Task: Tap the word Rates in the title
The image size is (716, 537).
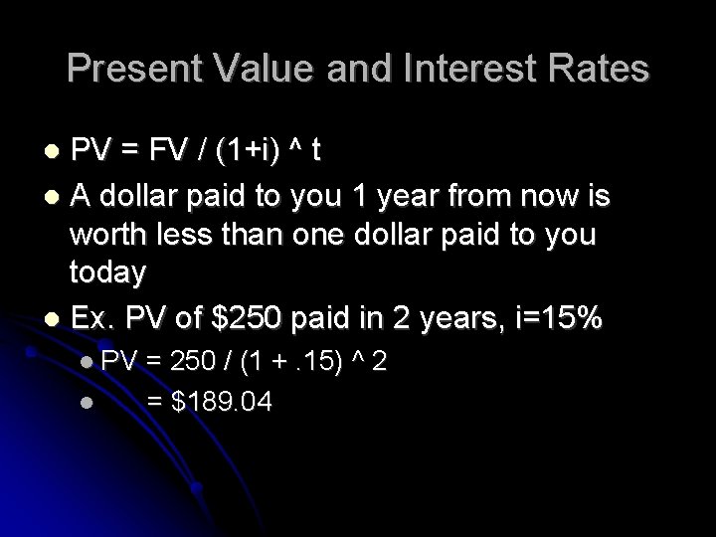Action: coord(604,70)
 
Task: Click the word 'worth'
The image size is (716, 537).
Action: coord(110,237)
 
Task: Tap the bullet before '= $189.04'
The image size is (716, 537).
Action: coord(88,402)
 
